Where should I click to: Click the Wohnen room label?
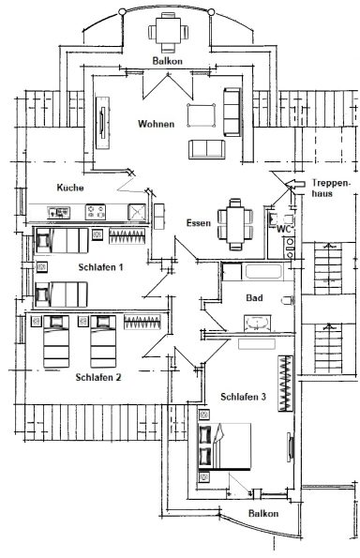156,124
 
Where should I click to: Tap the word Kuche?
70,188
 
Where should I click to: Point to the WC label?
280,226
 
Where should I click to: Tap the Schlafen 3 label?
244,397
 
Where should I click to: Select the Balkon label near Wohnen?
166,61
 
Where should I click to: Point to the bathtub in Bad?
260,273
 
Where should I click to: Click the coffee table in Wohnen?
200,114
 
